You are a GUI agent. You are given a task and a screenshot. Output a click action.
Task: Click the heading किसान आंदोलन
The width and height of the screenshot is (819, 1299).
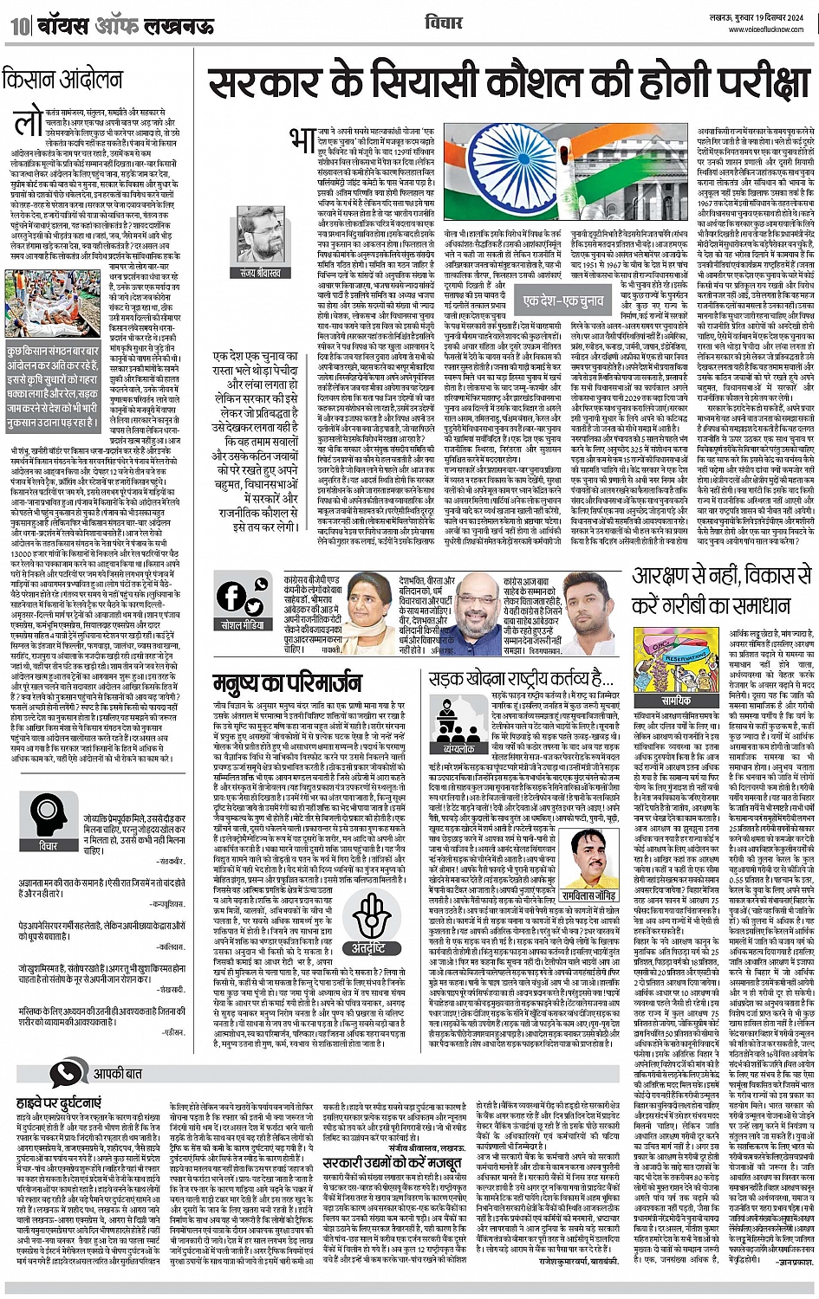tap(62, 80)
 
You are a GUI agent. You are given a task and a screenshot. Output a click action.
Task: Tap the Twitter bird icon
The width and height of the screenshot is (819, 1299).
tap(254, 605)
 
